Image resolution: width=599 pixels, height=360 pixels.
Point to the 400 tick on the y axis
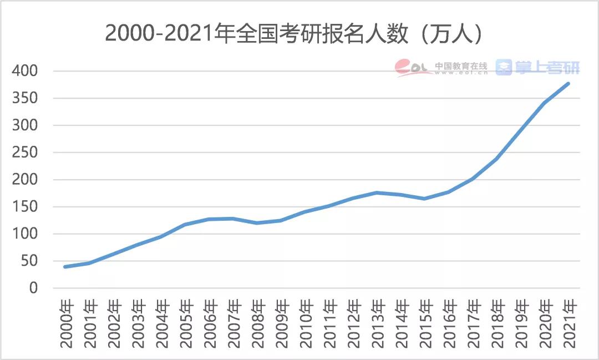point(26,71)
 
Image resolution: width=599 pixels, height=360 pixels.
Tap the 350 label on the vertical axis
point(26,98)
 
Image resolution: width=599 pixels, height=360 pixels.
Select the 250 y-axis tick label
point(26,153)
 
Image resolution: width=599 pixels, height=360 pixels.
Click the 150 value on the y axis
point(26,207)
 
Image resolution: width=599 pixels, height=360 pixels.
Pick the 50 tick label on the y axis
point(30,261)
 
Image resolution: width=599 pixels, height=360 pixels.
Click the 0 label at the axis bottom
point(33,288)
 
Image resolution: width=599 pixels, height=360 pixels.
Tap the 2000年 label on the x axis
point(67,324)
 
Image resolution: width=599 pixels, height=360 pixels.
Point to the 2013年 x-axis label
point(377,324)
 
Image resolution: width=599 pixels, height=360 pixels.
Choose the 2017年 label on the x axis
point(473,324)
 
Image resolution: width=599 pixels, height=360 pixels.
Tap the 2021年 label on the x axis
point(568,324)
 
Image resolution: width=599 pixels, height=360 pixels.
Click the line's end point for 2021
point(568,83)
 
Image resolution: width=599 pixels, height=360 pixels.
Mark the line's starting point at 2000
point(65,267)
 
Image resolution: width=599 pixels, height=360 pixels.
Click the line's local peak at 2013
point(377,192)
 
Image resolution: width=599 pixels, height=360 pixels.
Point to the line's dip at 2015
point(425,199)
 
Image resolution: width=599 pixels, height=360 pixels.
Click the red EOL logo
point(413,68)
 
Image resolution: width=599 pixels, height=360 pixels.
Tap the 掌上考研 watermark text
point(547,68)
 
